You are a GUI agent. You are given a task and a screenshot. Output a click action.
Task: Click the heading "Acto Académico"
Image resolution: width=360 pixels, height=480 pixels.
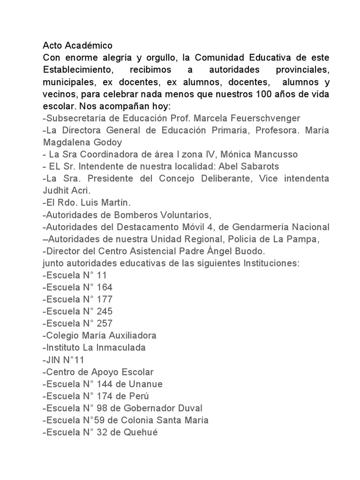tap(77, 45)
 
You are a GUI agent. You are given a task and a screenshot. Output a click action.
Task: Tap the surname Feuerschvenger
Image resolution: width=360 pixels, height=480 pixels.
tap(273, 118)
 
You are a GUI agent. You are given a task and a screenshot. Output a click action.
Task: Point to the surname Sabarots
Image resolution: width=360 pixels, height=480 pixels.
tap(260, 166)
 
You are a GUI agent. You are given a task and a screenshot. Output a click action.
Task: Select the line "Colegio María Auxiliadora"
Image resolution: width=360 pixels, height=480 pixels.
tap(99, 336)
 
